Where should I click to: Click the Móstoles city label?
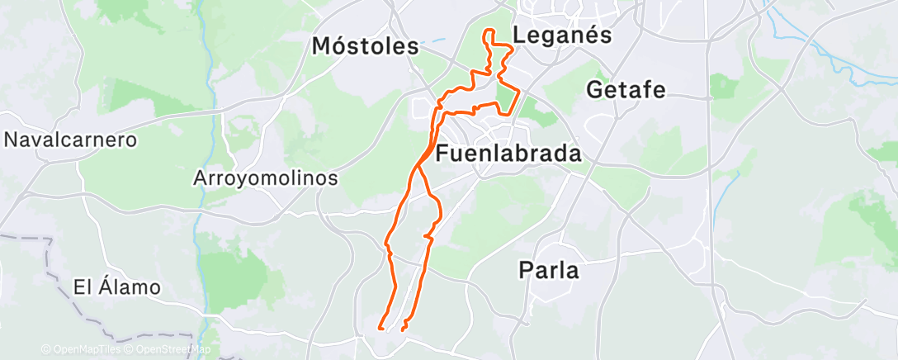(x=365, y=46)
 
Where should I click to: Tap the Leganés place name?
(x=561, y=36)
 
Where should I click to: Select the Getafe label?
(x=626, y=89)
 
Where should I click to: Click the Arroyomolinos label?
(x=266, y=178)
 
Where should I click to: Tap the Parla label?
(x=549, y=270)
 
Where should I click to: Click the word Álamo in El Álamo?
(x=130, y=288)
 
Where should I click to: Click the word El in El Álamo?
(x=82, y=288)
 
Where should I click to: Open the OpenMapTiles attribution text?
(x=83, y=350)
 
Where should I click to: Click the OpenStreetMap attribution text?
(x=170, y=350)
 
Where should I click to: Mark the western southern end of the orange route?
(x=380, y=328)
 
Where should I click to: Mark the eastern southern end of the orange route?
(x=402, y=329)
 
